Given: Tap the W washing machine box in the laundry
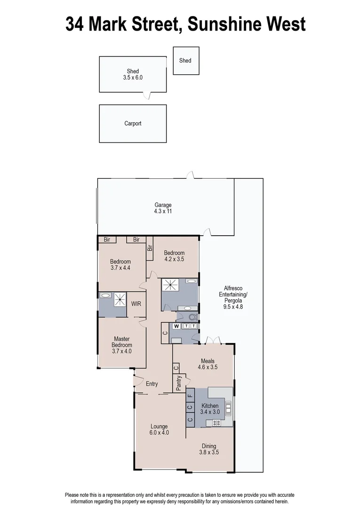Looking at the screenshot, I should [x=176, y=326].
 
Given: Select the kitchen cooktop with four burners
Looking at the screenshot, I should [x=217, y=422].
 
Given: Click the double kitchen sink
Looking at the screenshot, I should [x=229, y=408].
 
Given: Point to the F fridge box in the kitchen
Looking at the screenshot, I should [x=190, y=396].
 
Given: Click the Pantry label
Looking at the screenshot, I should [x=179, y=383].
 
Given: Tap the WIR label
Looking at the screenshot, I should [x=136, y=304].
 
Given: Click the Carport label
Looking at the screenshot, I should [x=133, y=124].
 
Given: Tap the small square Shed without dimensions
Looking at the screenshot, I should [x=185, y=60].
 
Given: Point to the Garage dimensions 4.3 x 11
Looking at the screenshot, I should [x=163, y=212].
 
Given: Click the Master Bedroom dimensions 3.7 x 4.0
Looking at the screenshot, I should [x=122, y=351].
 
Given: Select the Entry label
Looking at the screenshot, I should [x=152, y=384].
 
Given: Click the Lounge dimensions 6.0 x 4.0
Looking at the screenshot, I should [x=159, y=433].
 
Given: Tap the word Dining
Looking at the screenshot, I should [x=209, y=446].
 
